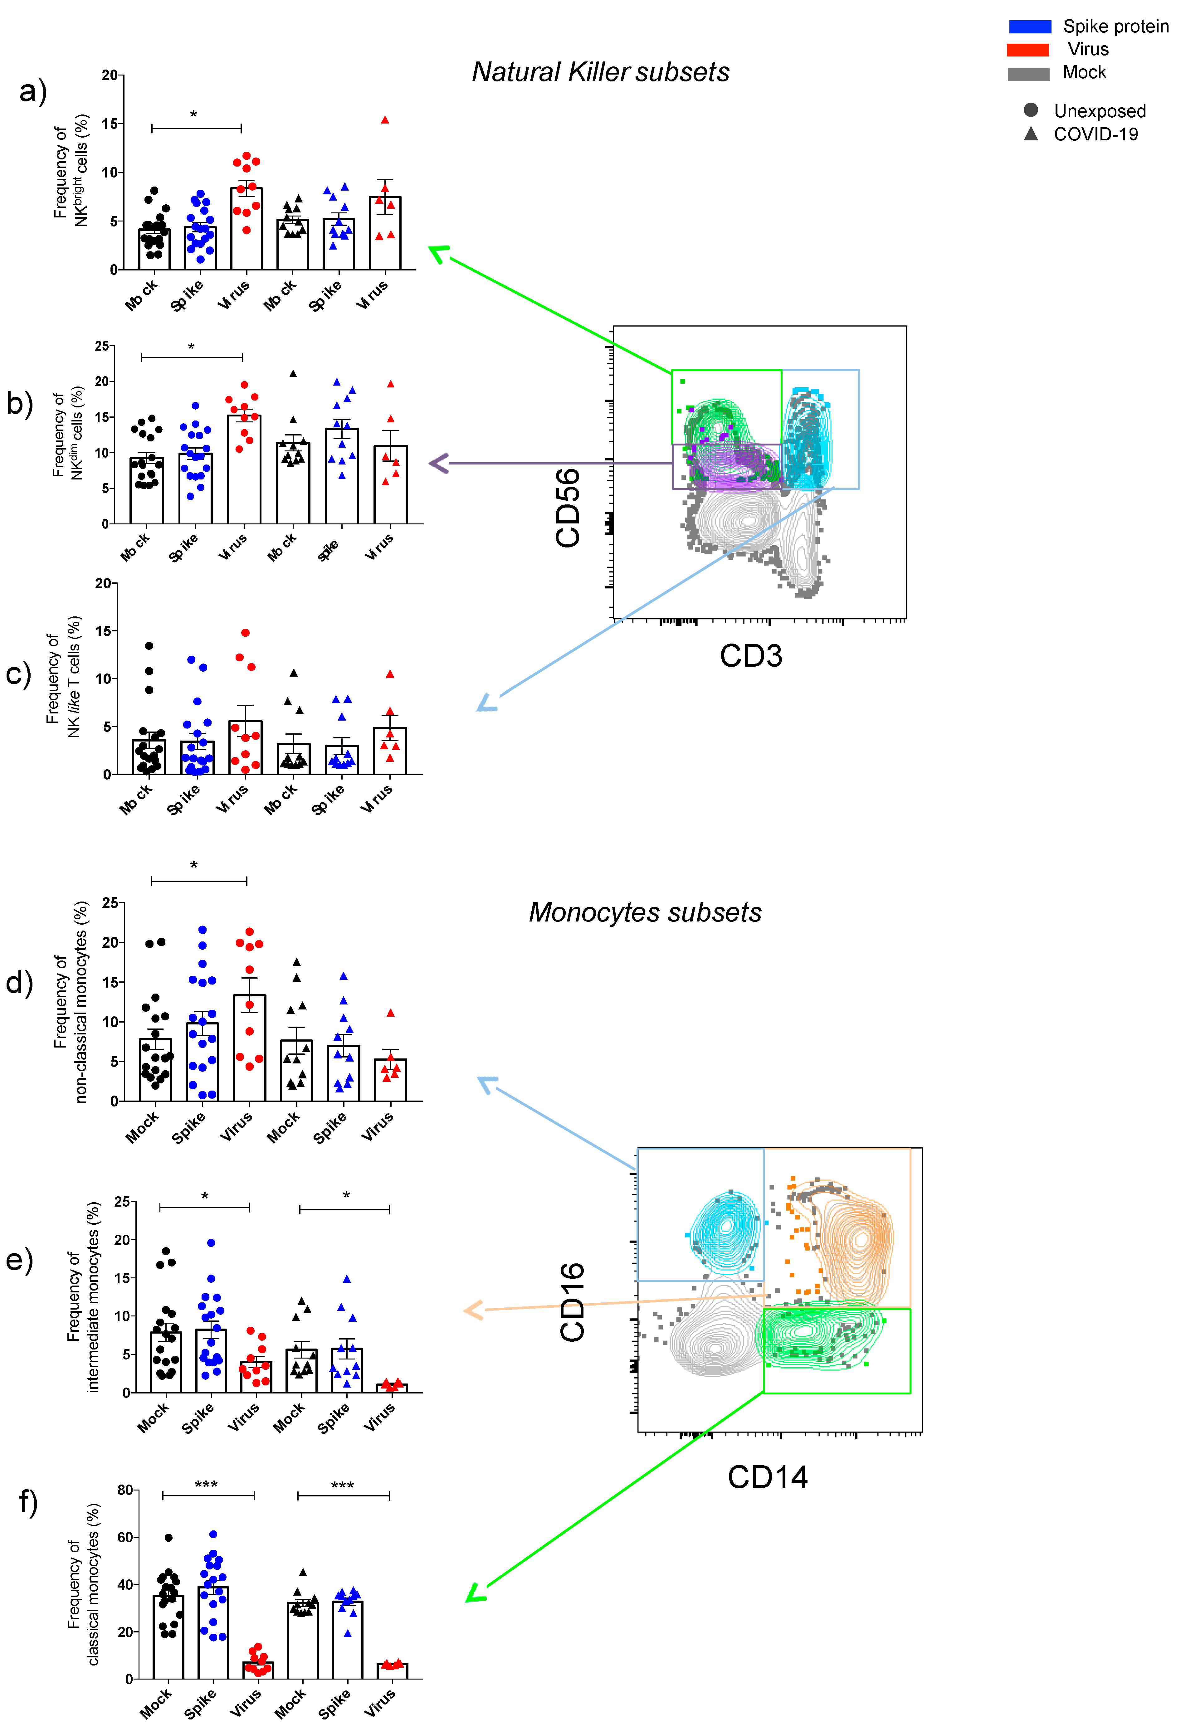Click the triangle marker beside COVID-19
(x=1031, y=134)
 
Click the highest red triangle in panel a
(x=385, y=119)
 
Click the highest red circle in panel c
(x=245, y=633)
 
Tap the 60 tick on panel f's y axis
(x=125, y=1537)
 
